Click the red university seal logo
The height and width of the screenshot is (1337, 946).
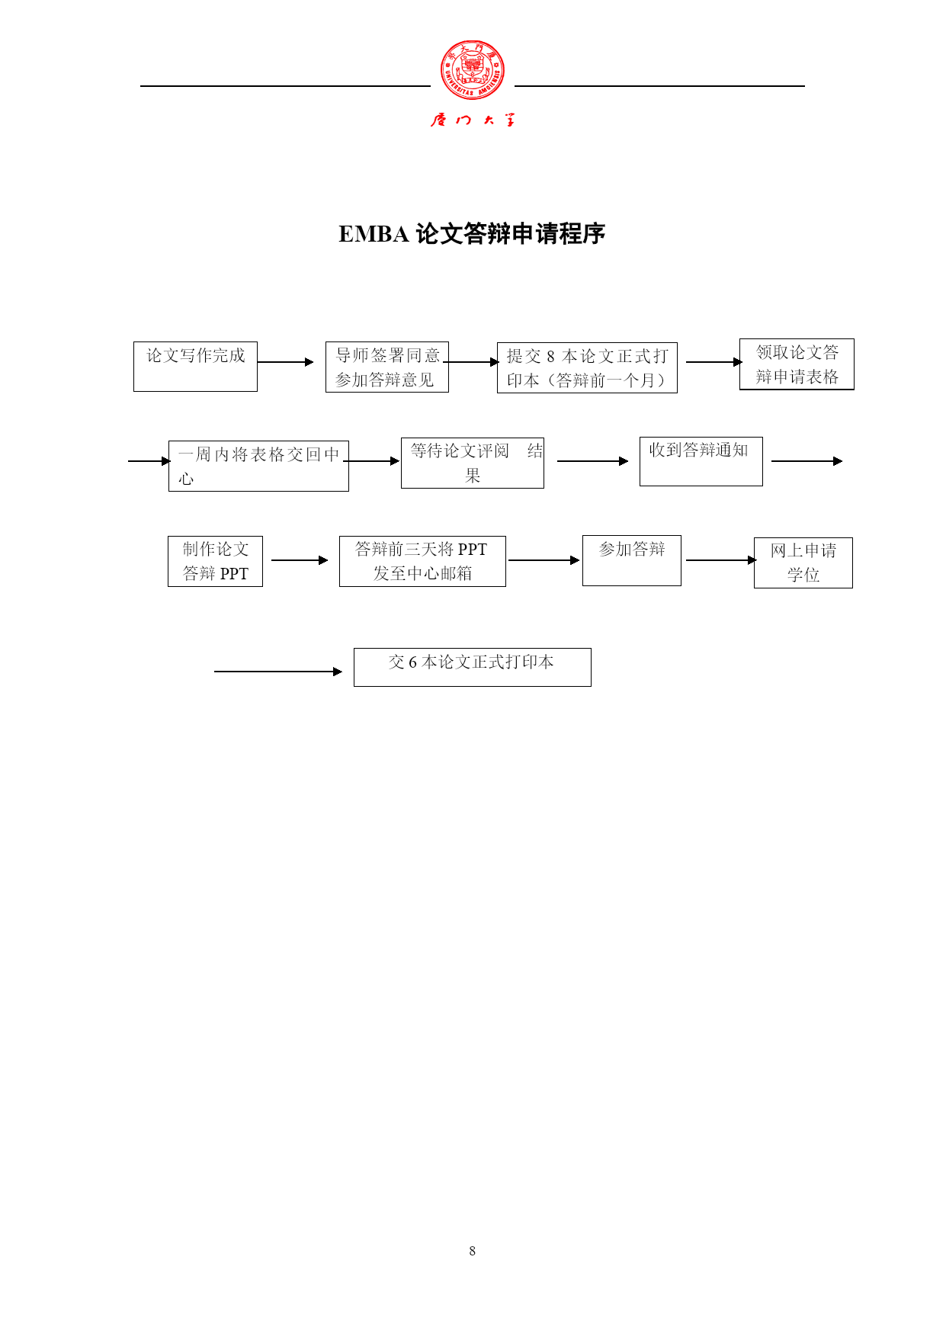click(473, 70)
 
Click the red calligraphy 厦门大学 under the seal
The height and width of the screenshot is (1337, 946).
click(473, 120)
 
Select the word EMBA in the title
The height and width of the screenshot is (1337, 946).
click(374, 234)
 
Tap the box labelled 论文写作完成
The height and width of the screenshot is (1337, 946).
click(195, 367)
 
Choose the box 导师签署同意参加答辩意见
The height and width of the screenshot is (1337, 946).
click(387, 367)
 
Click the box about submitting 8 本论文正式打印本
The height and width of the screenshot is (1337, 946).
click(587, 368)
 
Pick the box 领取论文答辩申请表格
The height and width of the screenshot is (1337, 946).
click(797, 364)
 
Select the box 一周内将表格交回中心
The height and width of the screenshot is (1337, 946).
click(258, 466)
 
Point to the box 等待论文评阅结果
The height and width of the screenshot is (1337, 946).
click(473, 463)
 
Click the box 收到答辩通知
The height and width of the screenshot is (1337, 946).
click(701, 461)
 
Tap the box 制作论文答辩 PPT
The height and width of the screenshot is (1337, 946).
click(215, 561)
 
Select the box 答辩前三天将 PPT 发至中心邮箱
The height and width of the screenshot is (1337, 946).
click(422, 561)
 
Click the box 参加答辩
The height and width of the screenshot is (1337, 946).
click(632, 560)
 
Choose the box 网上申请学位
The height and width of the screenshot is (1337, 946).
click(803, 563)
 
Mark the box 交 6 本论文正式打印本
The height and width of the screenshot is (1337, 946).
click(473, 667)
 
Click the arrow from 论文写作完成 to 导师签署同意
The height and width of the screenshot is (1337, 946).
click(286, 362)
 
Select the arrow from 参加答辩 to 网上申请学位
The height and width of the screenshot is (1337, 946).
click(721, 560)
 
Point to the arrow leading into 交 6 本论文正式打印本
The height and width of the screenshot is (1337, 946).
click(278, 672)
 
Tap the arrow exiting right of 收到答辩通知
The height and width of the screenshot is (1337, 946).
click(807, 461)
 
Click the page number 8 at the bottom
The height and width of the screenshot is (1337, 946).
click(473, 1251)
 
